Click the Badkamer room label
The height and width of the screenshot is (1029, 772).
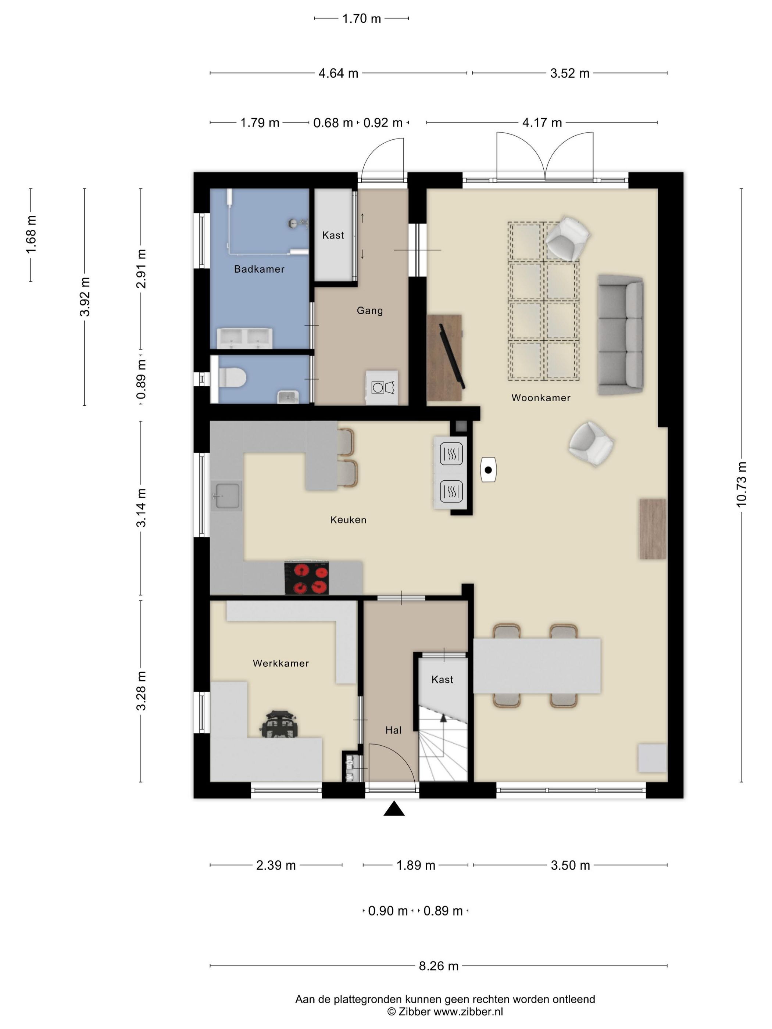pyautogui.click(x=259, y=269)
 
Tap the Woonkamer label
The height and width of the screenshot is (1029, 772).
pyautogui.click(x=541, y=398)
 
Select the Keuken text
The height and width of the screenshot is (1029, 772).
pyautogui.click(x=348, y=520)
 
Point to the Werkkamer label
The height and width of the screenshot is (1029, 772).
pyautogui.click(x=280, y=663)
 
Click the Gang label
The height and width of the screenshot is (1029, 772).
pyautogui.click(x=370, y=311)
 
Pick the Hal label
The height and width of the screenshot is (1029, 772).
pyautogui.click(x=393, y=730)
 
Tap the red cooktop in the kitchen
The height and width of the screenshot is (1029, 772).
pyautogui.click(x=307, y=578)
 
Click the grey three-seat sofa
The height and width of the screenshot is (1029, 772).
pyautogui.click(x=620, y=335)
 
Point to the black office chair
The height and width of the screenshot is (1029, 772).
pyautogui.click(x=279, y=724)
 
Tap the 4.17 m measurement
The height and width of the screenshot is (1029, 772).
pyautogui.click(x=542, y=123)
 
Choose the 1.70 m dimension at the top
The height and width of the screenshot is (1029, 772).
pyautogui.click(x=362, y=19)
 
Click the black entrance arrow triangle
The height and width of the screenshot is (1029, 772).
pyautogui.click(x=394, y=809)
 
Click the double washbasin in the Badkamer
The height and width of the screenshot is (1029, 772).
pyautogui.click(x=245, y=338)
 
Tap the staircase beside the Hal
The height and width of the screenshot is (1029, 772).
pyautogui.click(x=443, y=743)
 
